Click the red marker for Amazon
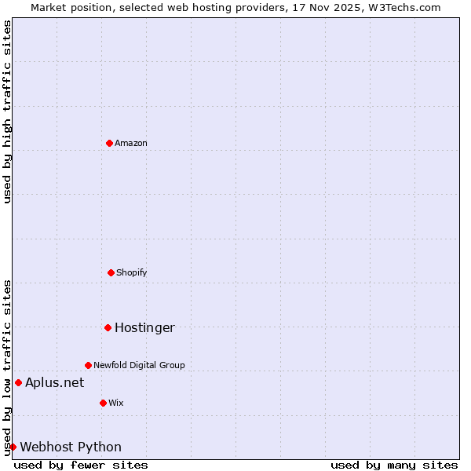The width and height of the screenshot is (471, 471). (x=109, y=143)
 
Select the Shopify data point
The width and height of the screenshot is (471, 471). (x=111, y=272)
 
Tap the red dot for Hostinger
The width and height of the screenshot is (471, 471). (x=108, y=327)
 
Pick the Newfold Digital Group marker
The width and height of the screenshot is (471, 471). (x=88, y=365)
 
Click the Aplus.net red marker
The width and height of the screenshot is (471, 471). (x=18, y=382)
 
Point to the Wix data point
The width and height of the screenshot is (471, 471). (x=103, y=403)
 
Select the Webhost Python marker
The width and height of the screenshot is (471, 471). (x=13, y=447)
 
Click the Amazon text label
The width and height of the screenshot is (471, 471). (x=130, y=143)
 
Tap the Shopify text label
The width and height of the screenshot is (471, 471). (x=131, y=272)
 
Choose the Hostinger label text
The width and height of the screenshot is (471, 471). (x=144, y=327)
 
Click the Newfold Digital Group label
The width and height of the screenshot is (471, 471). (x=139, y=365)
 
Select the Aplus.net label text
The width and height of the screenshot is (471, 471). (x=54, y=382)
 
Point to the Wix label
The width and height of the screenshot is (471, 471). (x=115, y=403)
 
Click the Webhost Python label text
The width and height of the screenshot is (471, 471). (x=71, y=447)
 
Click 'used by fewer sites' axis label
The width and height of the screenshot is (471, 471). (x=81, y=465)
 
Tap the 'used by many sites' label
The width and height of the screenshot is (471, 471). (x=394, y=465)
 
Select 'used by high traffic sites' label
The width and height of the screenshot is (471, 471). (x=7, y=112)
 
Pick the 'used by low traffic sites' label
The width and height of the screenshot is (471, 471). (x=7, y=367)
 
